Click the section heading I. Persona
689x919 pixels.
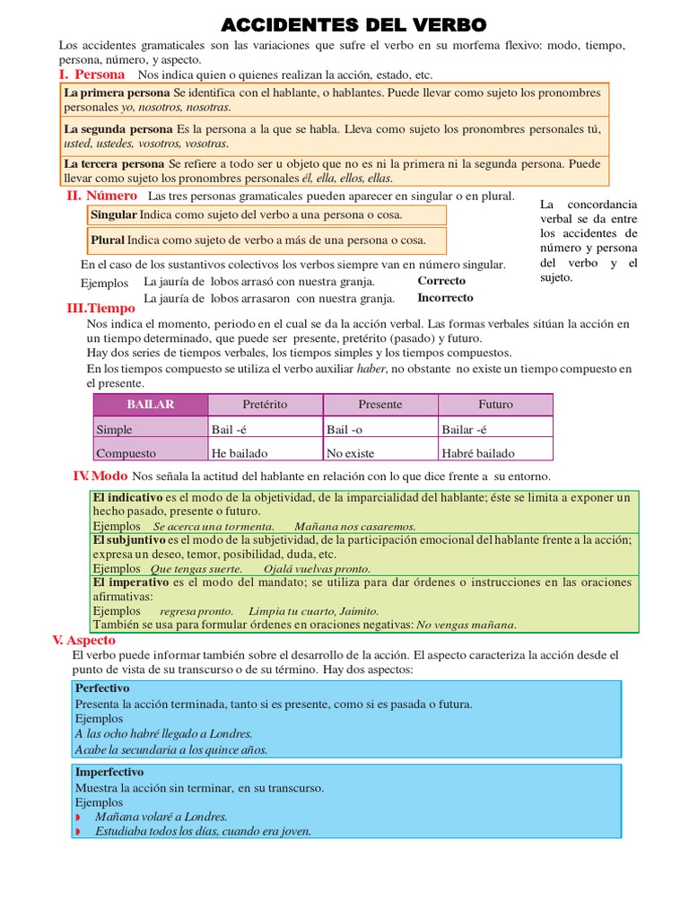92,74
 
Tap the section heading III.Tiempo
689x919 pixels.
100,308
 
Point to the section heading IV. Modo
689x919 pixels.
100,476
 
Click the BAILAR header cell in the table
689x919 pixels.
150,405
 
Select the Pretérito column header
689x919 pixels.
265,405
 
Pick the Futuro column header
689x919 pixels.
495,405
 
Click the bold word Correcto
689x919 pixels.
441,281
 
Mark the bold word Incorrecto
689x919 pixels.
445,298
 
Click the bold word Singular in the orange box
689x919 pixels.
114,215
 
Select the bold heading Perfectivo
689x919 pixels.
102,688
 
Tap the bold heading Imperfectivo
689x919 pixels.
109,772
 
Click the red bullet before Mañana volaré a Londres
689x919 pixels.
78,818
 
